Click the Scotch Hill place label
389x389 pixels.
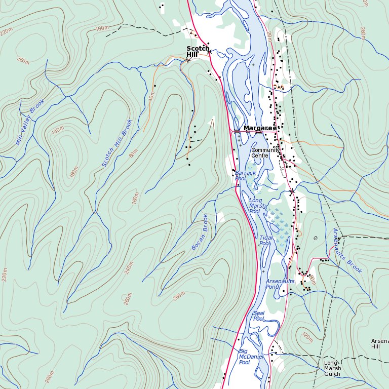(198, 52)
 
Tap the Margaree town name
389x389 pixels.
(260, 128)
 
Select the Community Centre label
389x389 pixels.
(265, 152)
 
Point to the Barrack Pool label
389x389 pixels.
(246, 176)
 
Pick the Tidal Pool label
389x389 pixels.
(265, 241)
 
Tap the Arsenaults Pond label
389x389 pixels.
(280, 284)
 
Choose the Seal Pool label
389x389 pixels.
(259, 316)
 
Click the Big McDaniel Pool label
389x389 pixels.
(245, 357)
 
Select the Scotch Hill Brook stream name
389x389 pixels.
(117, 143)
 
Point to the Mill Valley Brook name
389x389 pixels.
(30, 122)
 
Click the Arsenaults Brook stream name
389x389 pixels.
(347, 251)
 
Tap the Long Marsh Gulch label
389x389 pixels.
(333, 368)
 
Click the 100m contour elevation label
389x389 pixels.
(102, 28)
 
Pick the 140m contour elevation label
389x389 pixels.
(58, 130)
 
